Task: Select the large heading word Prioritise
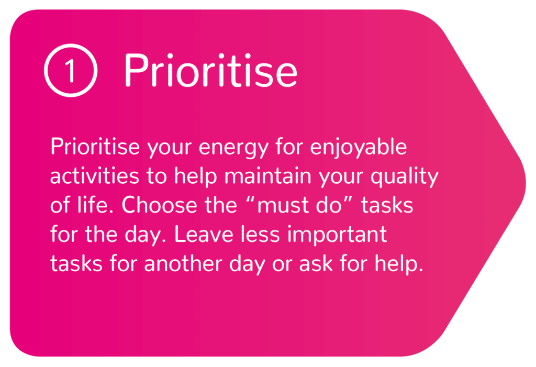pyautogui.click(x=210, y=70)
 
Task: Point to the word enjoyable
pyautogui.click(x=358, y=148)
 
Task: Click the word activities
pyautogui.click(x=95, y=176)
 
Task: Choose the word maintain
pyautogui.click(x=267, y=176)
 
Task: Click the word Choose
pyautogui.click(x=159, y=205)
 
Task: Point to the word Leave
pyautogui.click(x=204, y=235)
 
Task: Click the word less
pyautogui.click(x=260, y=235)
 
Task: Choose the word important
pyautogui.click(x=337, y=235)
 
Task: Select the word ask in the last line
pyautogui.click(x=316, y=264)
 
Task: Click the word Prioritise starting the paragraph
pyautogui.click(x=95, y=147)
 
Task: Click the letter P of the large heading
pyautogui.click(x=136, y=71)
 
